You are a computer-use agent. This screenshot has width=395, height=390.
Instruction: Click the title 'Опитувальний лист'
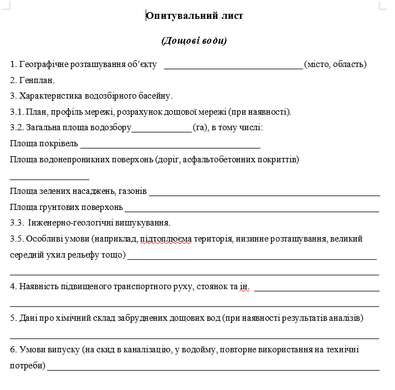pos(194,16)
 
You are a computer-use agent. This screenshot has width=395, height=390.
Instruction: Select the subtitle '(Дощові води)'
pos(194,41)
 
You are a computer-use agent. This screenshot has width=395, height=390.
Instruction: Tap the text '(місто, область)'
pos(336,64)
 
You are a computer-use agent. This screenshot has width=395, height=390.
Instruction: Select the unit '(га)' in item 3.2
pos(200,128)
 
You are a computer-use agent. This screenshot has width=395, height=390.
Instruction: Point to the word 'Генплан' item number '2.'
pos(13,80)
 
